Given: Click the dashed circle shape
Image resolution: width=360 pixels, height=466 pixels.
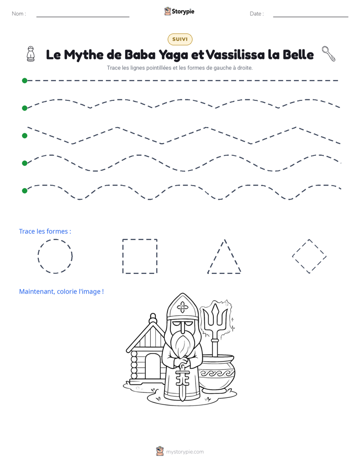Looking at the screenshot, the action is pos(38,256).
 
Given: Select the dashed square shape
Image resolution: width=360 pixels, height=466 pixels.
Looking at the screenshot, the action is pos(123,256).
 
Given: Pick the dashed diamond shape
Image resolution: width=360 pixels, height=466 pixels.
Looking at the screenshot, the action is pos(301,247).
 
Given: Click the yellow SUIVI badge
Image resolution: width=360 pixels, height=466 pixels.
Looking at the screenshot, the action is pos(180,39).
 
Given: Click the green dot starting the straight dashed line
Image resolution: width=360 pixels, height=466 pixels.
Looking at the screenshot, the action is pos(25,81).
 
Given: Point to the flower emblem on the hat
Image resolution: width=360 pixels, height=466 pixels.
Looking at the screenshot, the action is pos(183,308).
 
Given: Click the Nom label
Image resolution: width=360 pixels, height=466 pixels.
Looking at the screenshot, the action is pos(19,14).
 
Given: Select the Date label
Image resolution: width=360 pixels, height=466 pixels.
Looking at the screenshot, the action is pos(257,14).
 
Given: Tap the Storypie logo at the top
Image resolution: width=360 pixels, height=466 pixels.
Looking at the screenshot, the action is pos(179,11).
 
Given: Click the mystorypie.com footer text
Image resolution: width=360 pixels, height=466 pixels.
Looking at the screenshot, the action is pos(185,452).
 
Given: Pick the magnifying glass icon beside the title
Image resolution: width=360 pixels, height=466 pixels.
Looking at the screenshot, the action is pos(329,53).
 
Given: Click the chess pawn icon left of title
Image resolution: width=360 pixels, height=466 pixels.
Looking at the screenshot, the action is pos(31,54).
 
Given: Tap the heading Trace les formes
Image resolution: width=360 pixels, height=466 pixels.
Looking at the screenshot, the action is pos(45,231).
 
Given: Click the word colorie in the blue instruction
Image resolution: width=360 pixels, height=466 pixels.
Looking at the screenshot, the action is pos(67,292).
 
